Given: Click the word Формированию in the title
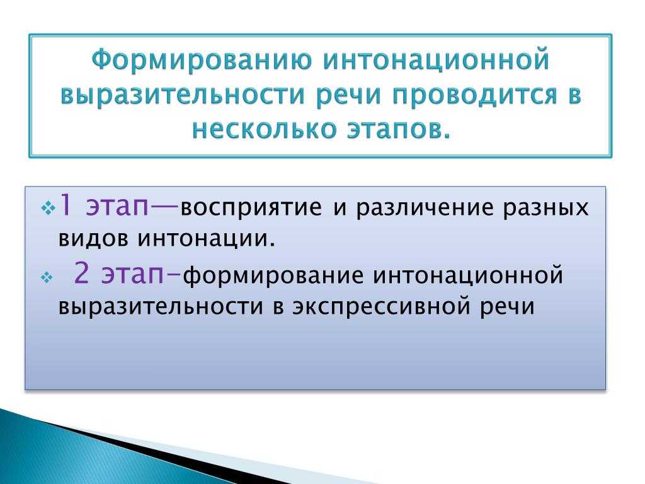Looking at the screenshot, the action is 202,60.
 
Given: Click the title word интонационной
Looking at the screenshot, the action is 437,60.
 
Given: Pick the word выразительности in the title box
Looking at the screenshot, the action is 183,95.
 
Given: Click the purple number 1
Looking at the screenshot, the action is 66,205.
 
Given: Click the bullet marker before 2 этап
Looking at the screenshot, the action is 47,278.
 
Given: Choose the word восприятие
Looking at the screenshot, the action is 251,207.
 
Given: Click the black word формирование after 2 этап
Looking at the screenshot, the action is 273,275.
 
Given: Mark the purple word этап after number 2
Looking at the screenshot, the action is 132,274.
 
